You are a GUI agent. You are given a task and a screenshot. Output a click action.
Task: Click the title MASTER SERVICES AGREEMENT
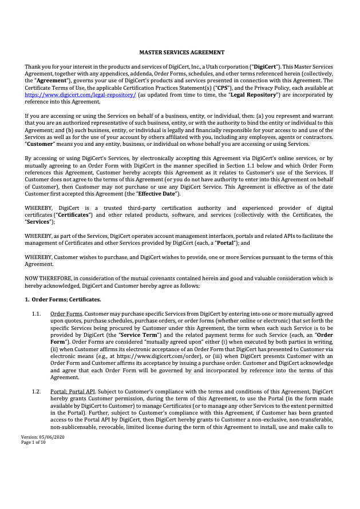tap(180, 53)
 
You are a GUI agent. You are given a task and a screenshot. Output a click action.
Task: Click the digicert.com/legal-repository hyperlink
tap(81, 96)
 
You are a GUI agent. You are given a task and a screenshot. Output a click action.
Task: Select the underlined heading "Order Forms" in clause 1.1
tap(66, 314)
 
